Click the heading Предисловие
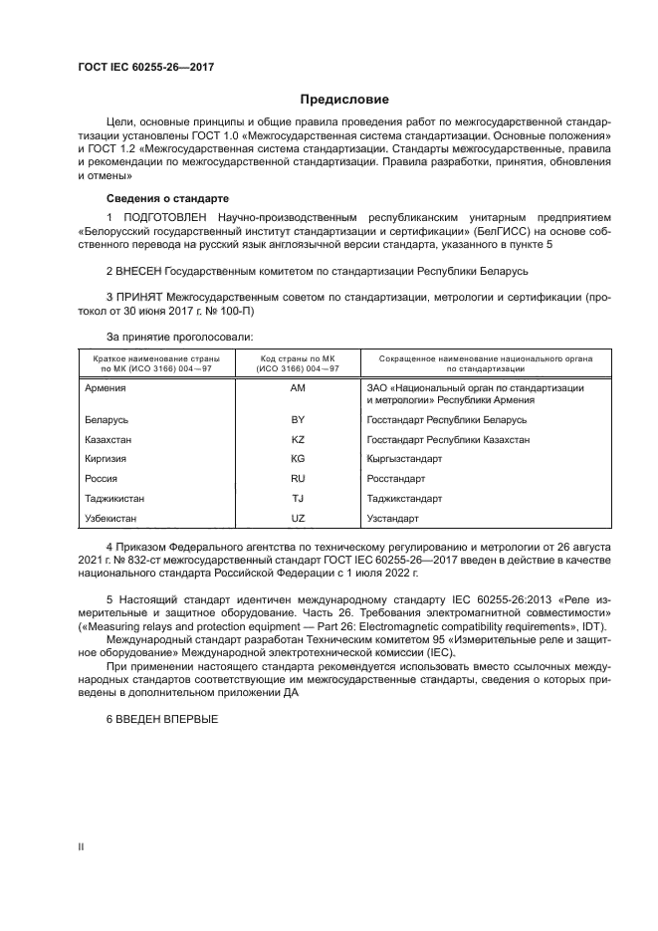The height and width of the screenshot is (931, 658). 345,100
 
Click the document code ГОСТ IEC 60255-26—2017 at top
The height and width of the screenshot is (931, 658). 146,67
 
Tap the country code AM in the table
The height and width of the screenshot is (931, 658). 297,387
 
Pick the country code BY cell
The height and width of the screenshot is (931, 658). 297,420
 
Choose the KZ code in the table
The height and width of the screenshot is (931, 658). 297,439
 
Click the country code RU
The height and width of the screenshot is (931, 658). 297,479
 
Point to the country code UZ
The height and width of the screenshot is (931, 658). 297,519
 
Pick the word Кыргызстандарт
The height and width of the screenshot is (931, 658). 404,459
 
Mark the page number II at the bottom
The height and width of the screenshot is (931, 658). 82,846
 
